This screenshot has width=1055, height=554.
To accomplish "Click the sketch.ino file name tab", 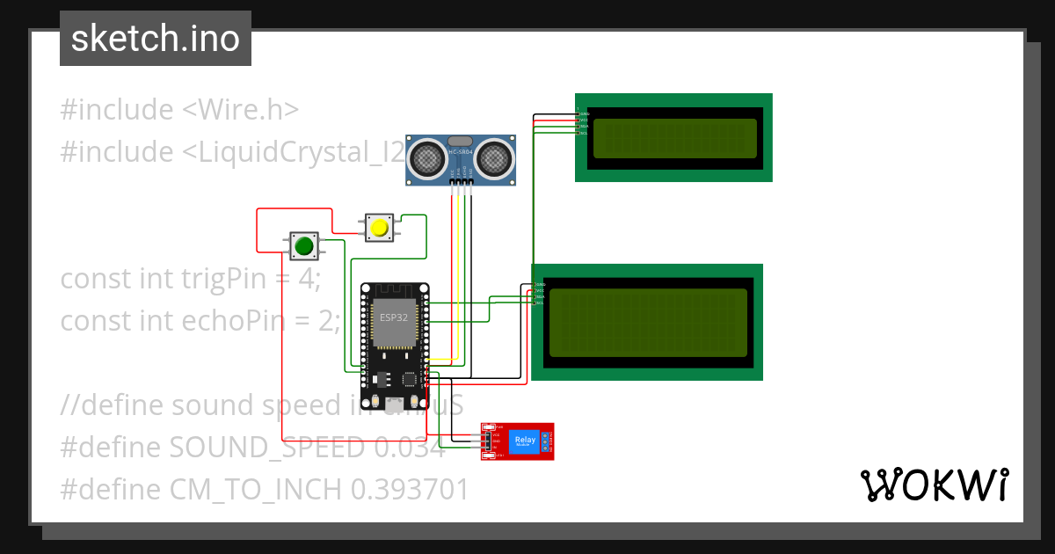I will (156, 39).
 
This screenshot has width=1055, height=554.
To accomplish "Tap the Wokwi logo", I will (934, 485).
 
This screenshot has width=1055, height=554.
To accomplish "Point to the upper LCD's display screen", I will (674, 138).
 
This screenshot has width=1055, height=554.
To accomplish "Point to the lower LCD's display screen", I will (647, 322).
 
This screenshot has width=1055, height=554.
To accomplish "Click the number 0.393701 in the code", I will (410, 490).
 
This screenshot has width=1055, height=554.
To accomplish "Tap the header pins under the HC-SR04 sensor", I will (462, 183).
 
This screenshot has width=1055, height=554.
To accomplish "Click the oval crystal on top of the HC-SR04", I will (461, 141).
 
